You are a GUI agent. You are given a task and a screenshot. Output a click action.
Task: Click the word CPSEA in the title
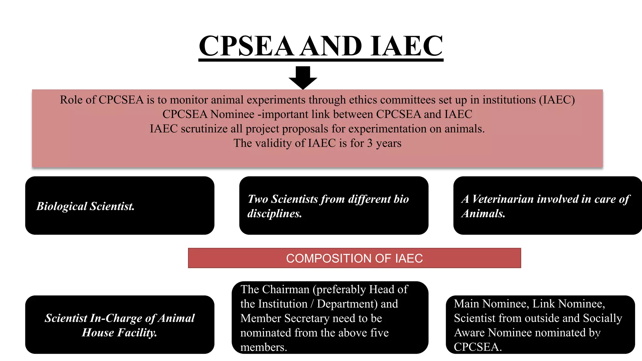246,46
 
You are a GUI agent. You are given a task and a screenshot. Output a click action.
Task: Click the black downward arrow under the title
303,77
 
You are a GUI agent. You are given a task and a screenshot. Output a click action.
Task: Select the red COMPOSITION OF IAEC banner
354,258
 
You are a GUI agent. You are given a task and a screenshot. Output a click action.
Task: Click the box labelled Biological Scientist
119,206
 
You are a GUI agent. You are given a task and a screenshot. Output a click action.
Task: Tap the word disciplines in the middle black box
274,213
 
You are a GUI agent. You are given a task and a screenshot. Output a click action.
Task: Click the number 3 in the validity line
370,143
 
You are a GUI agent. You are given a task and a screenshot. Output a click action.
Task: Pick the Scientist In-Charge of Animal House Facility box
119,325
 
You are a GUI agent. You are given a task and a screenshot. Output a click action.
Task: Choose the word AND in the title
331,46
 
